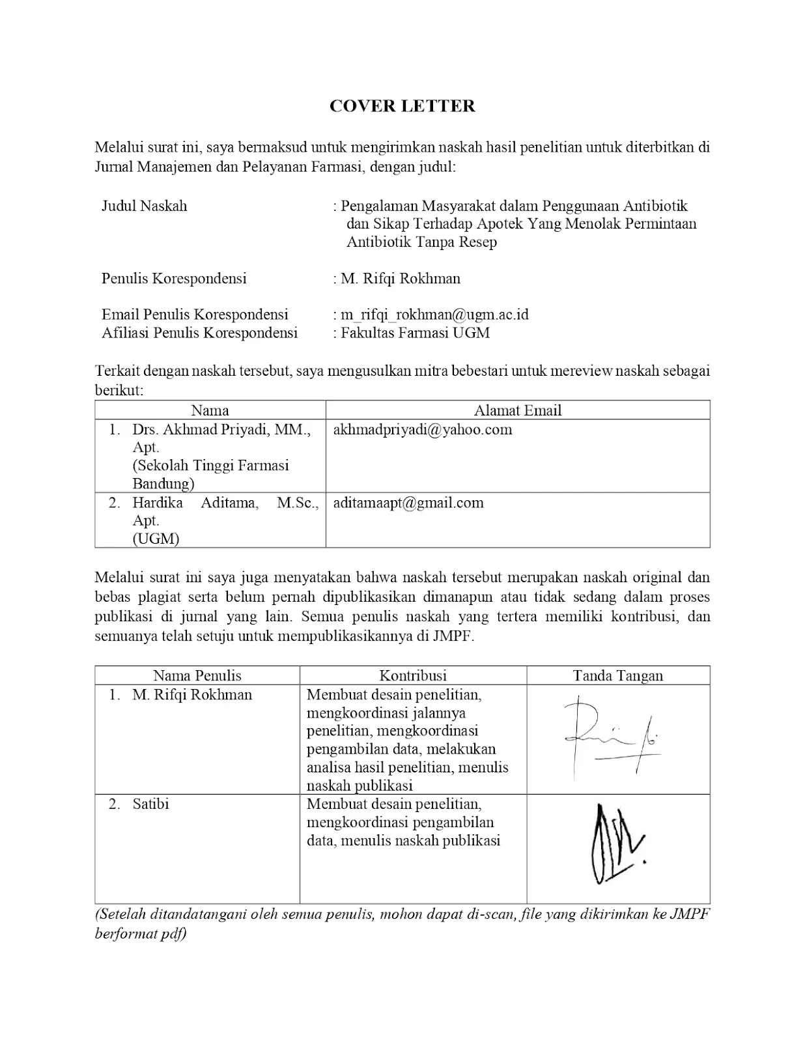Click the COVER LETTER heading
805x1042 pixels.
pos(402,106)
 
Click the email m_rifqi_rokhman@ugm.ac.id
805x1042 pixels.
pos(434,315)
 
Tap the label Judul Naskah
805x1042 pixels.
pos(144,206)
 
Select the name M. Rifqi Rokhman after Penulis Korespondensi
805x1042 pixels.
pos(401,279)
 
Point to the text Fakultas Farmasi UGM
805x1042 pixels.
pos(415,333)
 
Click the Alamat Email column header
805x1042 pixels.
pos(517,410)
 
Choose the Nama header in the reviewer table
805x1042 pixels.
pos(210,410)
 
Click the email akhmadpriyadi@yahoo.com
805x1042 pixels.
pos(422,430)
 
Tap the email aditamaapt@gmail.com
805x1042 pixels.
pos(408,503)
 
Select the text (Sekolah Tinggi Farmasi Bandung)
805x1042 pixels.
pos(210,474)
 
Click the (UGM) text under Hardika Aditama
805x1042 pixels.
pos(156,539)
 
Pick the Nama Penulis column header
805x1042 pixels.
pos(197,675)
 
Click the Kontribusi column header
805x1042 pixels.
pos(413,675)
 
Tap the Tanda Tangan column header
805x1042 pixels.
pos(617,675)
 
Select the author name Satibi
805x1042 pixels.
pos(150,804)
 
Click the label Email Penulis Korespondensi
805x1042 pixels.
pos(195,315)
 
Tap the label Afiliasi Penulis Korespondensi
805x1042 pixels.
pos(199,333)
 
